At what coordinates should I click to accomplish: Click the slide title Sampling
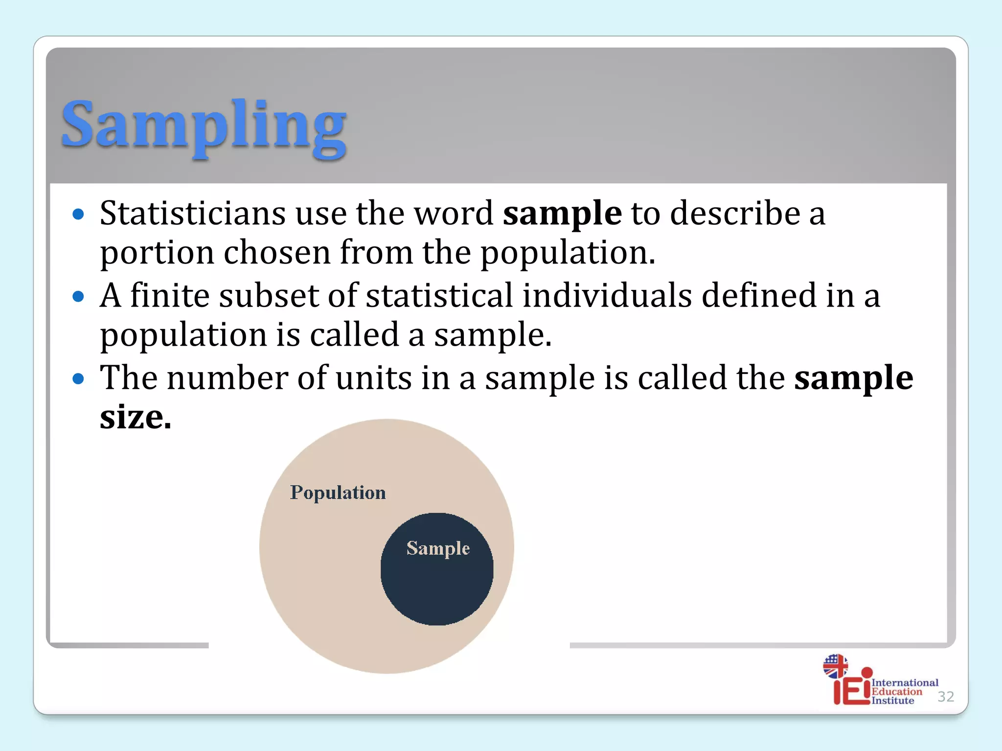pos(204,125)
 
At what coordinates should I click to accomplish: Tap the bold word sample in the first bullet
pos(562,214)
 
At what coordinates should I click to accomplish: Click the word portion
pos(157,253)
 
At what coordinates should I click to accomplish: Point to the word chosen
pos(277,253)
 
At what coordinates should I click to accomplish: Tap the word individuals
pos(607,296)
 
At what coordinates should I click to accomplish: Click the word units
pos(374,378)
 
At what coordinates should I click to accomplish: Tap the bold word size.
pos(135,418)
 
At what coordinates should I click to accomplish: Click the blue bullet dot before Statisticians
pos(78,214)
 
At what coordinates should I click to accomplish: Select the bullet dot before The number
pos(78,378)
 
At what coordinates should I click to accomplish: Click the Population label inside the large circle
pos(338,493)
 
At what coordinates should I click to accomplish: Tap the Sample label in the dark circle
pos(438,549)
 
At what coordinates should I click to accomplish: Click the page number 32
pos(945,696)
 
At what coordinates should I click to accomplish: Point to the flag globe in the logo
pos(835,666)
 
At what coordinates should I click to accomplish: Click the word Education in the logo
pos(896,691)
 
